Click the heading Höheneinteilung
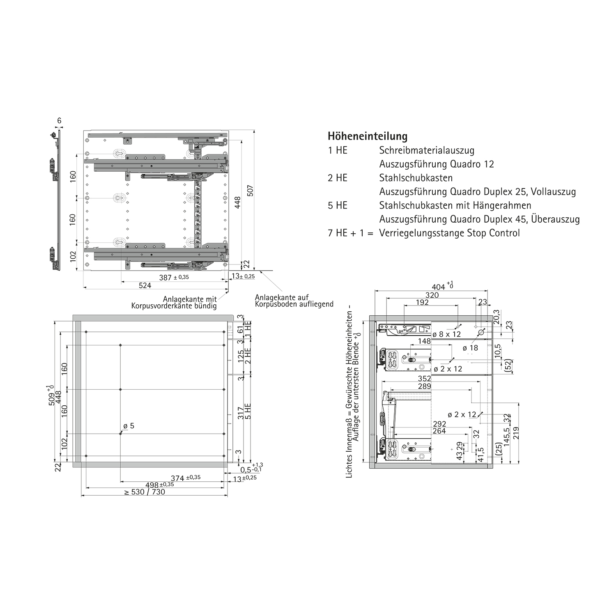pos(368,136)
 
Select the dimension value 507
pos(251,191)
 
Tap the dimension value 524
pos(145,285)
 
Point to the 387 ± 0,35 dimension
pos(174,278)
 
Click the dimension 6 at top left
pos(59,121)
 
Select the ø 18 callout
pos(470,348)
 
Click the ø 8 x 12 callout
pos(447,334)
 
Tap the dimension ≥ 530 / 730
pos(145,492)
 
